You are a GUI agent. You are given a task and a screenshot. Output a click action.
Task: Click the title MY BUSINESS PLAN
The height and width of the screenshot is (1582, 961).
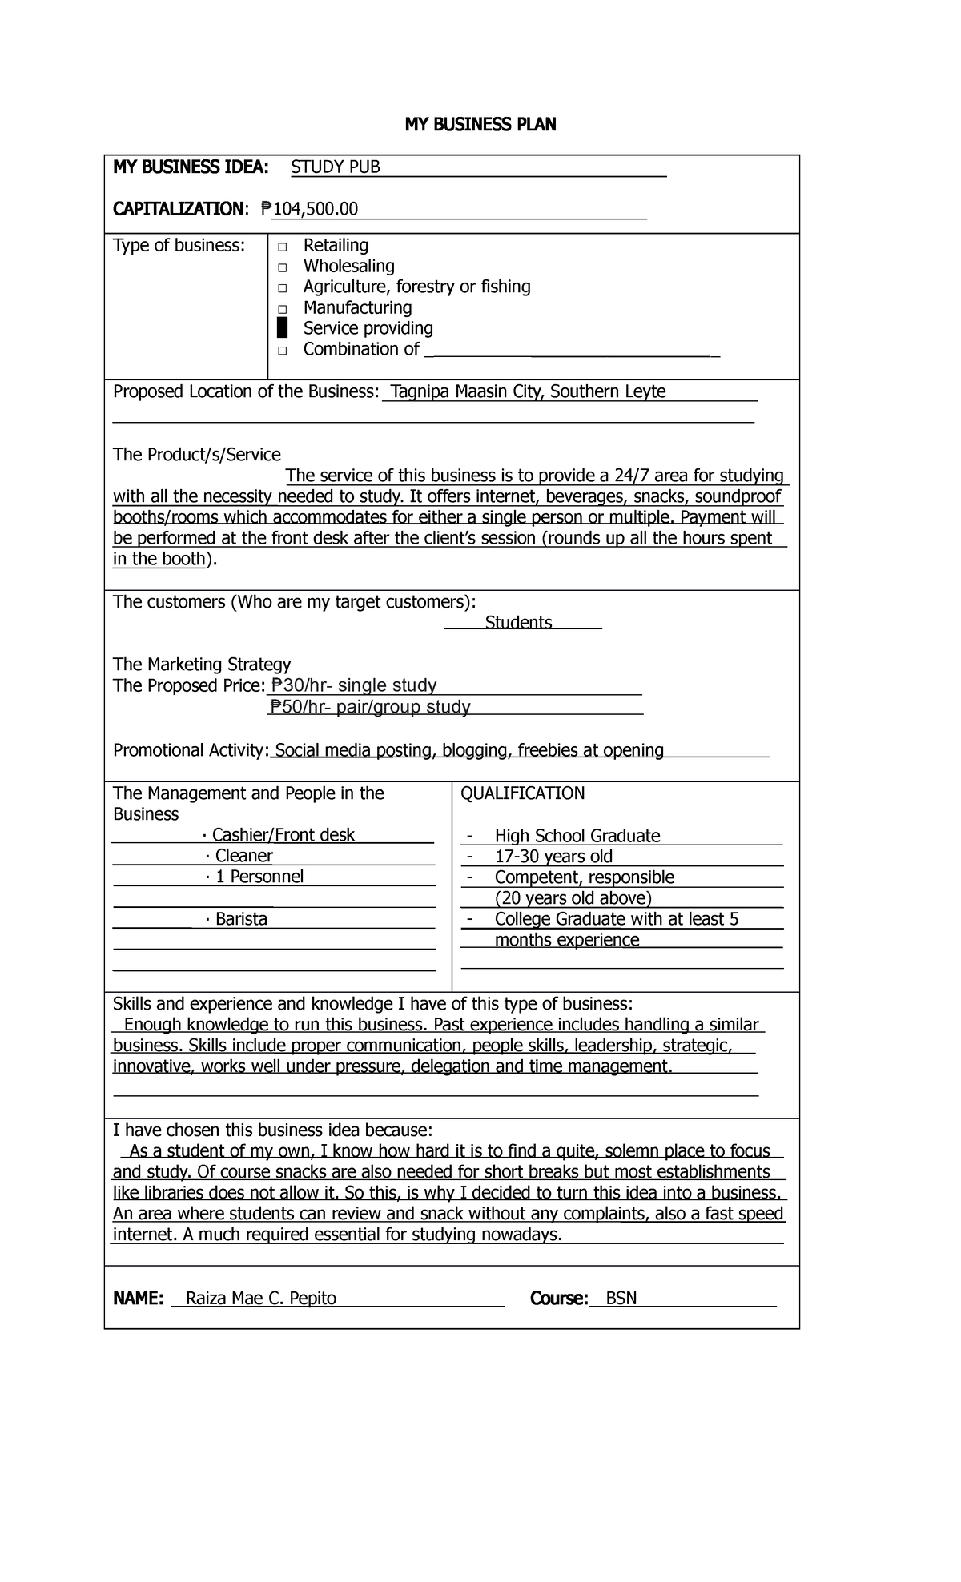pos(480,124)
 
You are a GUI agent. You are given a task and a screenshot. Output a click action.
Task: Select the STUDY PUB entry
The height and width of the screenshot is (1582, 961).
pos(335,167)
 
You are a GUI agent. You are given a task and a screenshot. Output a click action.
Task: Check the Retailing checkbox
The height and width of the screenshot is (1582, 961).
pos(282,247)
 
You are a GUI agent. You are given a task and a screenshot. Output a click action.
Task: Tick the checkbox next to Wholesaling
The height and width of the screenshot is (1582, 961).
pos(282,267)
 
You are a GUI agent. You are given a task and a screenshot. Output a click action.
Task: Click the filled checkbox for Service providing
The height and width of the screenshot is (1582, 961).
pos(282,328)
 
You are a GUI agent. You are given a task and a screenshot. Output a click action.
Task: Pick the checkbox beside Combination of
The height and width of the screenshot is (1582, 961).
pos(282,351)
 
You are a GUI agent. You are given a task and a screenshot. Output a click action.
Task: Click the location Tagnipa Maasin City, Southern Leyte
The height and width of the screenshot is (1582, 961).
pos(528,391)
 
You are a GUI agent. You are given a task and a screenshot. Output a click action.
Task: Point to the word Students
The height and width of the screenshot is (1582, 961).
pos(518,623)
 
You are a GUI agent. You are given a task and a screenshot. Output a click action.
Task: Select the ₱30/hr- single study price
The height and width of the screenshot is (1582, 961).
pos(354,685)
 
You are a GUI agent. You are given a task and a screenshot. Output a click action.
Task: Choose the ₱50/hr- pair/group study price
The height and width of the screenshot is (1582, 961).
pos(370,707)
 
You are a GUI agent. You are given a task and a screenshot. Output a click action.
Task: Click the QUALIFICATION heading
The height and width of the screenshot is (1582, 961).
pos(522,793)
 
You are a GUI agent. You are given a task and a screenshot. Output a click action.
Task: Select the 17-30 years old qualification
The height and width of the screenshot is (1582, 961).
pos(553,857)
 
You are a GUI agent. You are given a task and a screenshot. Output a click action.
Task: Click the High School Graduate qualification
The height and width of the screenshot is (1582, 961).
pos(577,836)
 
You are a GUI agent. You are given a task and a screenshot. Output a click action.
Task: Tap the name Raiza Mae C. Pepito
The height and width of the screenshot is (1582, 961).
pos(261,1298)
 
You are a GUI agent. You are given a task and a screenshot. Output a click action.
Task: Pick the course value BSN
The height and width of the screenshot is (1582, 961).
pos(621,1298)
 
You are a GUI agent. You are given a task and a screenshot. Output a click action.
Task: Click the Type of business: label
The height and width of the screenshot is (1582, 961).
pos(179,245)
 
